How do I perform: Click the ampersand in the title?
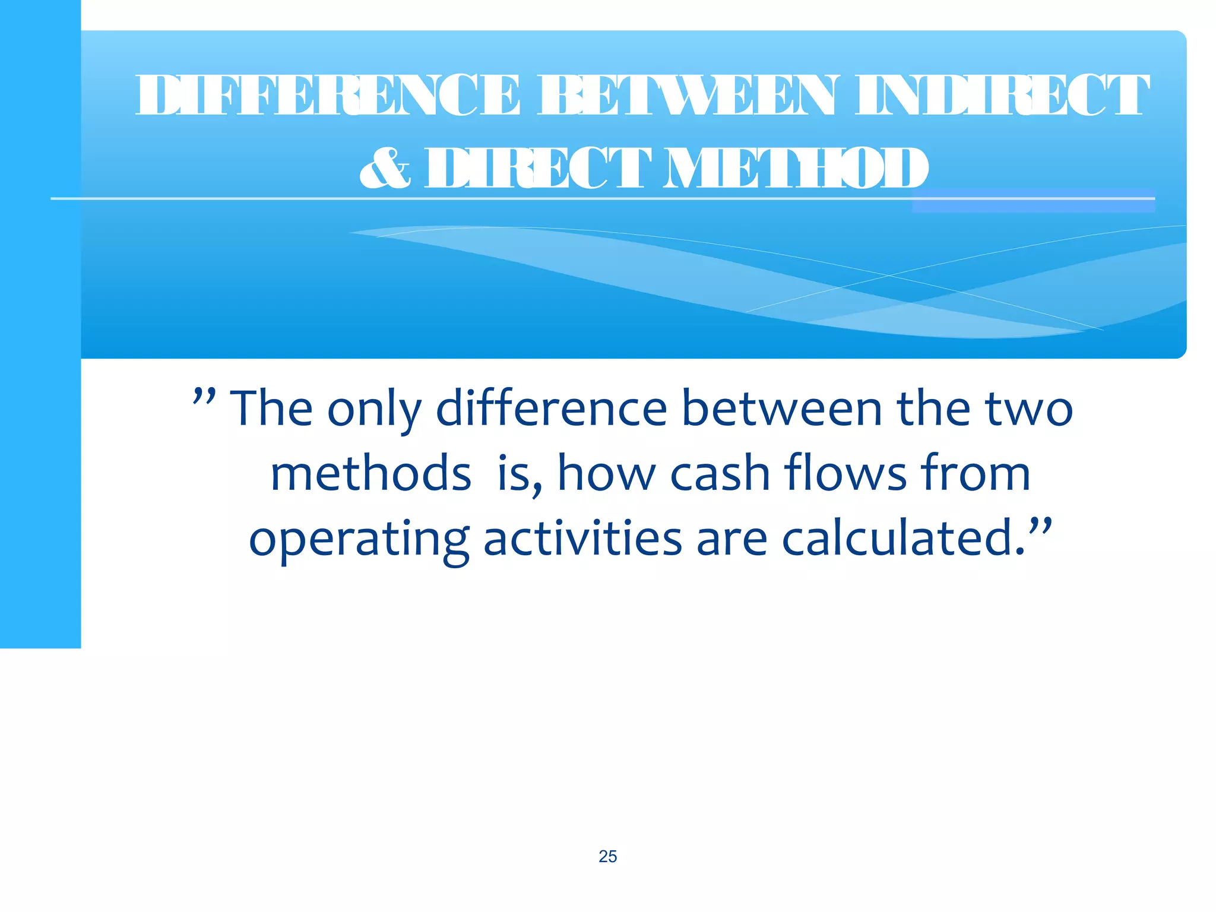click(x=385, y=168)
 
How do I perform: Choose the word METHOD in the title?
click(x=795, y=169)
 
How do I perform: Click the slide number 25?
click(x=607, y=856)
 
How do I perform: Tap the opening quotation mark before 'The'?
click(x=204, y=397)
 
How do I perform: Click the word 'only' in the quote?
click(x=374, y=410)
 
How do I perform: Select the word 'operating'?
click(x=359, y=540)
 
